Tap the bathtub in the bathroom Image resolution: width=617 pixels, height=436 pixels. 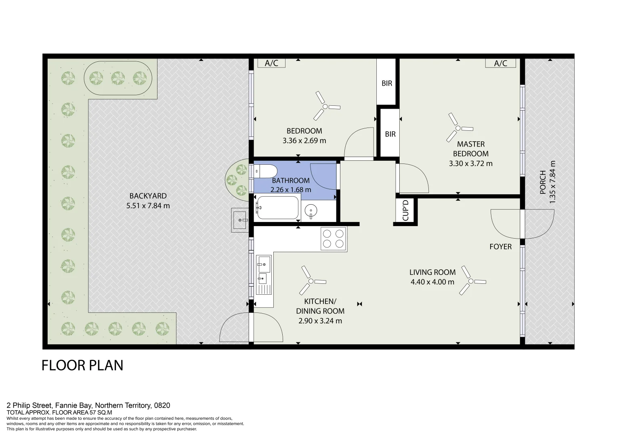[277, 208]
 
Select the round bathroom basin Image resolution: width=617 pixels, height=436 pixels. [311, 211]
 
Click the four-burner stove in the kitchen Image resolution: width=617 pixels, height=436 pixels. [333, 239]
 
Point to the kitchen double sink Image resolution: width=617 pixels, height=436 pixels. [264, 275]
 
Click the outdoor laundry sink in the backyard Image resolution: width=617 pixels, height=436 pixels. [240, 220]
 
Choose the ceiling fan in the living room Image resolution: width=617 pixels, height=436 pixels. [472, 281]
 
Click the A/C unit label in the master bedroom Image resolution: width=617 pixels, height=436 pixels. [500, 63]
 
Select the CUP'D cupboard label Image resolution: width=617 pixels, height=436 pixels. [405, 210]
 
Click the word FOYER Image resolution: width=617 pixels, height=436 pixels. [500, 247]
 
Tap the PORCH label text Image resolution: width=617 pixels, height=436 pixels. [543, 182]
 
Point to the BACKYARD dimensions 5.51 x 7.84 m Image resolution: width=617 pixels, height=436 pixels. [148, 206]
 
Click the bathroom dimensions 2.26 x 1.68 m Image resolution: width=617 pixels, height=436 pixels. [291, 190]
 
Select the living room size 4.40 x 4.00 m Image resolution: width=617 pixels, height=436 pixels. [432, 282]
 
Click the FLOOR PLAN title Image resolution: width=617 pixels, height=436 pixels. [82, 365]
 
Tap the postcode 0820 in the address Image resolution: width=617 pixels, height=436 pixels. [162, 405]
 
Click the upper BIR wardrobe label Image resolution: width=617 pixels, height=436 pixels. [387, 83]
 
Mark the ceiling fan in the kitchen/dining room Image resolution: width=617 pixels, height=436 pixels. [313, 281]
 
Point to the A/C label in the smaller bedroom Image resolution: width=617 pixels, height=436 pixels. [271, 63]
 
